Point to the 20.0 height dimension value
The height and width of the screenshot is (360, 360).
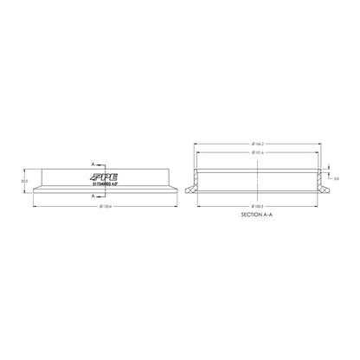tap(25, 181)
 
